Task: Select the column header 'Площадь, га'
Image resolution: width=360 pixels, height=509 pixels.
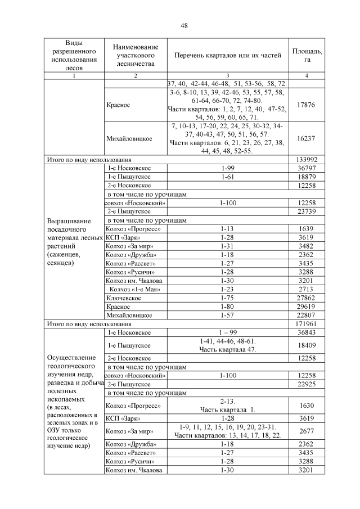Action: coord(307,55)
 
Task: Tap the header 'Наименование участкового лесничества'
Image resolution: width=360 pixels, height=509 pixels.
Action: coord(135,55)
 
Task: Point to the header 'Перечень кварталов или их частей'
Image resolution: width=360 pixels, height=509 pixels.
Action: coord(228,56)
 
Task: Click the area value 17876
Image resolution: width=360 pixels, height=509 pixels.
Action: coord(307,105)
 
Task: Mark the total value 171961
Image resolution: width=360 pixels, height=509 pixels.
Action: coord(307,325)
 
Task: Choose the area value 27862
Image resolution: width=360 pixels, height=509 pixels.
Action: coord(307,298)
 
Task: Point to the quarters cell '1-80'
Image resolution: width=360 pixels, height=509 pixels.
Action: coord(228,307)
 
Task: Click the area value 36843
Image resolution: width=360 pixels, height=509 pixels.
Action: coord(307,333)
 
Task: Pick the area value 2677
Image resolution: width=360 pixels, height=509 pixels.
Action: coord(307,431)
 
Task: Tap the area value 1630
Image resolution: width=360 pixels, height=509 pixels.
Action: coord(307,405)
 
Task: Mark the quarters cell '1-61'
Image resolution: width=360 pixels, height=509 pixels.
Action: coord(228,177)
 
